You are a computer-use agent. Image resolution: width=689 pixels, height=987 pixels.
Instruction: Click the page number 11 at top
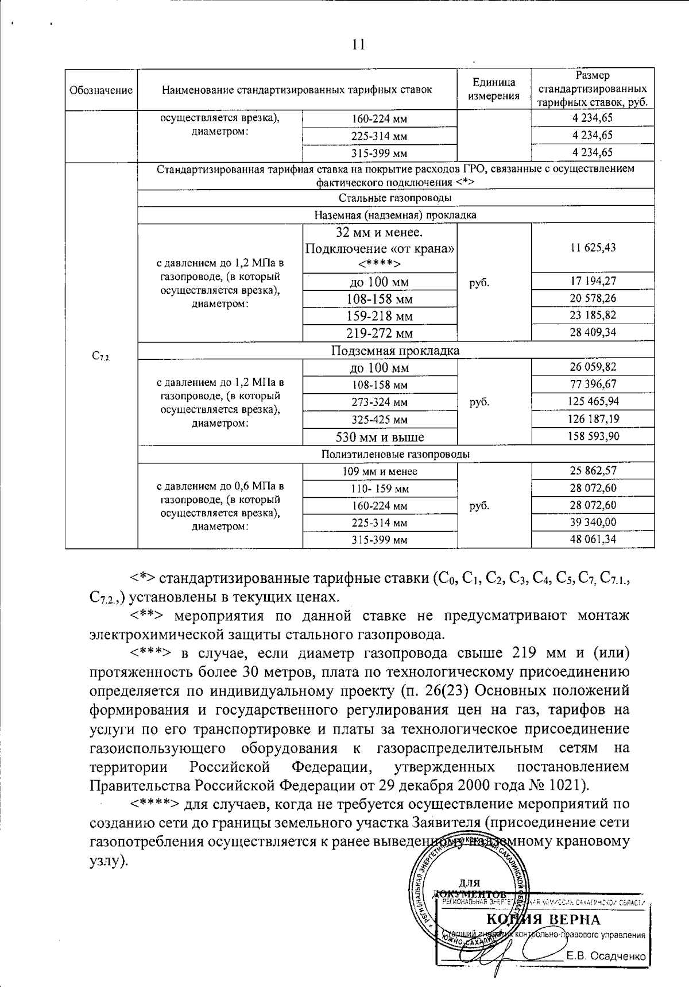[x=358, y=45]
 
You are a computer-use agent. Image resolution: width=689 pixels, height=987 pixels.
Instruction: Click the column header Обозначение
[x=101, y=90]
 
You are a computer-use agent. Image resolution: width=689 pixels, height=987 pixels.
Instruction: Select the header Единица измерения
[x=494, y=89]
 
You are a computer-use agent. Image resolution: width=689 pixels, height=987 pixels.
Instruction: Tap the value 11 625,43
[x=593, y=248]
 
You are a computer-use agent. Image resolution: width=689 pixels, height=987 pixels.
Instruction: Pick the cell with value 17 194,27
[x=593, y=281]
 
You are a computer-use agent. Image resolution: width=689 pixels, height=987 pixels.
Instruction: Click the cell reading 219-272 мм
[x=380, y=333]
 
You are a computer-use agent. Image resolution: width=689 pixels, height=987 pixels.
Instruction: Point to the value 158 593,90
[x=593, y=436]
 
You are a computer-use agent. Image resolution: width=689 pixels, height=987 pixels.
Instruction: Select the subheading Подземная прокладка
[x=395, y=351]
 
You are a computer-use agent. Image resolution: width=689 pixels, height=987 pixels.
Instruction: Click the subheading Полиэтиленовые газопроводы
[x=395, y=454]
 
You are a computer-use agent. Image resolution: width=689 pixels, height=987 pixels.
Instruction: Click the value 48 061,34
[x=593, y=539]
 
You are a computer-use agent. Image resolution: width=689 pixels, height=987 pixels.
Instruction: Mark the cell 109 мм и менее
[x=380, y=471]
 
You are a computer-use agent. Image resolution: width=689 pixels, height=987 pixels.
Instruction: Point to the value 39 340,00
[x=593, y=522]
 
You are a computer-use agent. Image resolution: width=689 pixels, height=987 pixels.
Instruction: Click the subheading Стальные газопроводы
[x=395, y=198]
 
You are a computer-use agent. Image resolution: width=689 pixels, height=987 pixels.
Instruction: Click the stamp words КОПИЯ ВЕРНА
[x=543, y=919]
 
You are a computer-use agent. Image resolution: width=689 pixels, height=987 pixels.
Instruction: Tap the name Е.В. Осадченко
[x=605, y=957]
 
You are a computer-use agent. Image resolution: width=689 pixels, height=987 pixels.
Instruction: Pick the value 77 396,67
[x=593, y=384]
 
